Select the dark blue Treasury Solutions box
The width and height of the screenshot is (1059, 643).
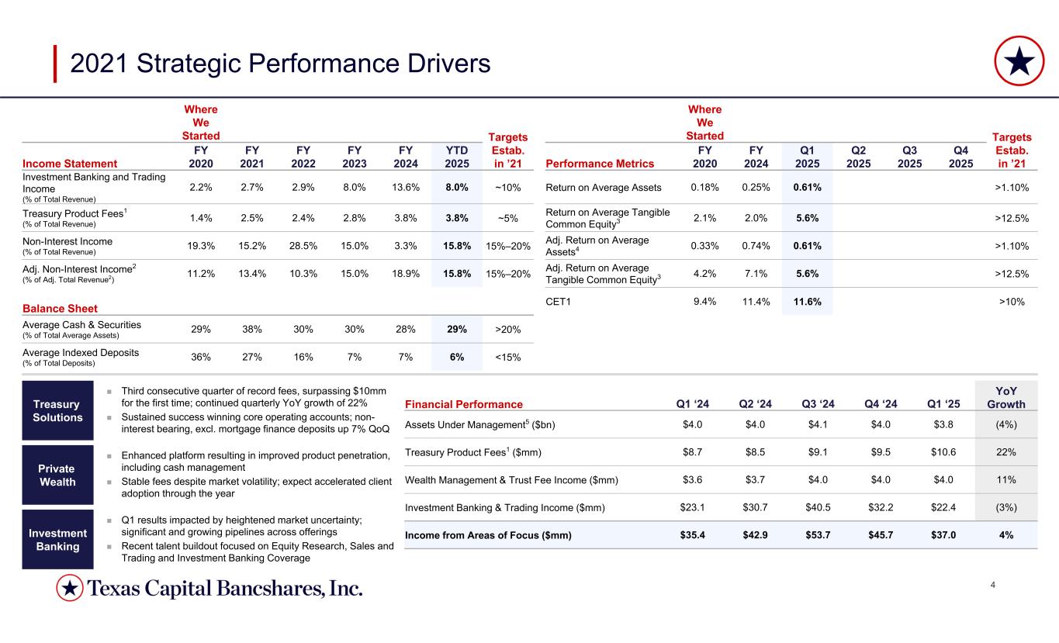tap(57, 410)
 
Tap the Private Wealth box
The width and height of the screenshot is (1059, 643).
tap(57, 475)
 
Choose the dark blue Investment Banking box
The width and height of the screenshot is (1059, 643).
tap(57, 539)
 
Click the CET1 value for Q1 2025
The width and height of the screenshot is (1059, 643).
tap(807, 301)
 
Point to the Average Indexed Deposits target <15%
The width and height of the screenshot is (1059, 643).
tap(508, 358)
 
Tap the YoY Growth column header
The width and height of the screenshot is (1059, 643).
tap(1005, 398)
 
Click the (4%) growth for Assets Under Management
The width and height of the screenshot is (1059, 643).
tap(1005, 424)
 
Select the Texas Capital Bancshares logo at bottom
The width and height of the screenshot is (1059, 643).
tap(209, 589)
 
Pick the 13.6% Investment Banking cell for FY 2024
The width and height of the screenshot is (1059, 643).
tap(406, 187)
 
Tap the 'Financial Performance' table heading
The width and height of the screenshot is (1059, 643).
tap(464, 404)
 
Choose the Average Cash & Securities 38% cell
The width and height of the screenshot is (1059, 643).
tap(252, 329)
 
